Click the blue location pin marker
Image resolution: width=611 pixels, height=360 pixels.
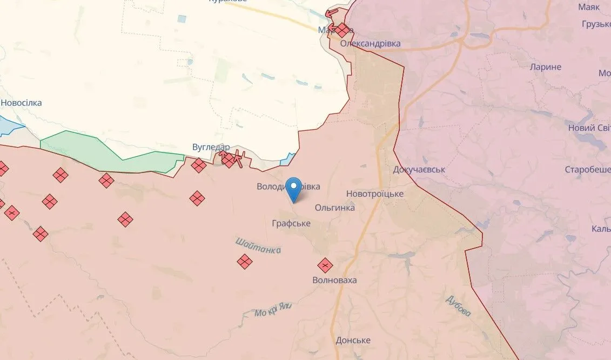tap(294, 187)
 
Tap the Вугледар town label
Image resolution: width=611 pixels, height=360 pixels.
tap(211, 147)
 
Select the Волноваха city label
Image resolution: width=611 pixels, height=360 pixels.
tap(334, 280)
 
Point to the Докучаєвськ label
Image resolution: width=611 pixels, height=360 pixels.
tap(419, 169)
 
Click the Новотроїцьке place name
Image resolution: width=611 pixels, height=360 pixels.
tap(374, 194)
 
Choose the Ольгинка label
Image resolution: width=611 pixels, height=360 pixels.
tap(334, 207)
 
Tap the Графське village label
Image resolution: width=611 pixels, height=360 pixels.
tap(291, 223)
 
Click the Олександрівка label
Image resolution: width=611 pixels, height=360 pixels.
tap(370, 43)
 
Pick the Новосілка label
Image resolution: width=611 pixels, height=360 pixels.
tap(21, 103)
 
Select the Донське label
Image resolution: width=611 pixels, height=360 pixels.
tap(353, 340)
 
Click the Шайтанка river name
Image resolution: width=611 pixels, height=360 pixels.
tap(258, 245)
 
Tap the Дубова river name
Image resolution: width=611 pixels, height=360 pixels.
tap(459, 306)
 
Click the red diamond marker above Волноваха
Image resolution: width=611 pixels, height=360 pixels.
tap(325, 265)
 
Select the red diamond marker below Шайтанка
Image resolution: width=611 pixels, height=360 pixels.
tap(245, 262)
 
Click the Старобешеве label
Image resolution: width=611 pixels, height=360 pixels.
tap(587, 169)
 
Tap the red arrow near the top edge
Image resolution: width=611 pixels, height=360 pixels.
tap(332, 12)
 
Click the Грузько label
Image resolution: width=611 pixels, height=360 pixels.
tap(596, 24)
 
